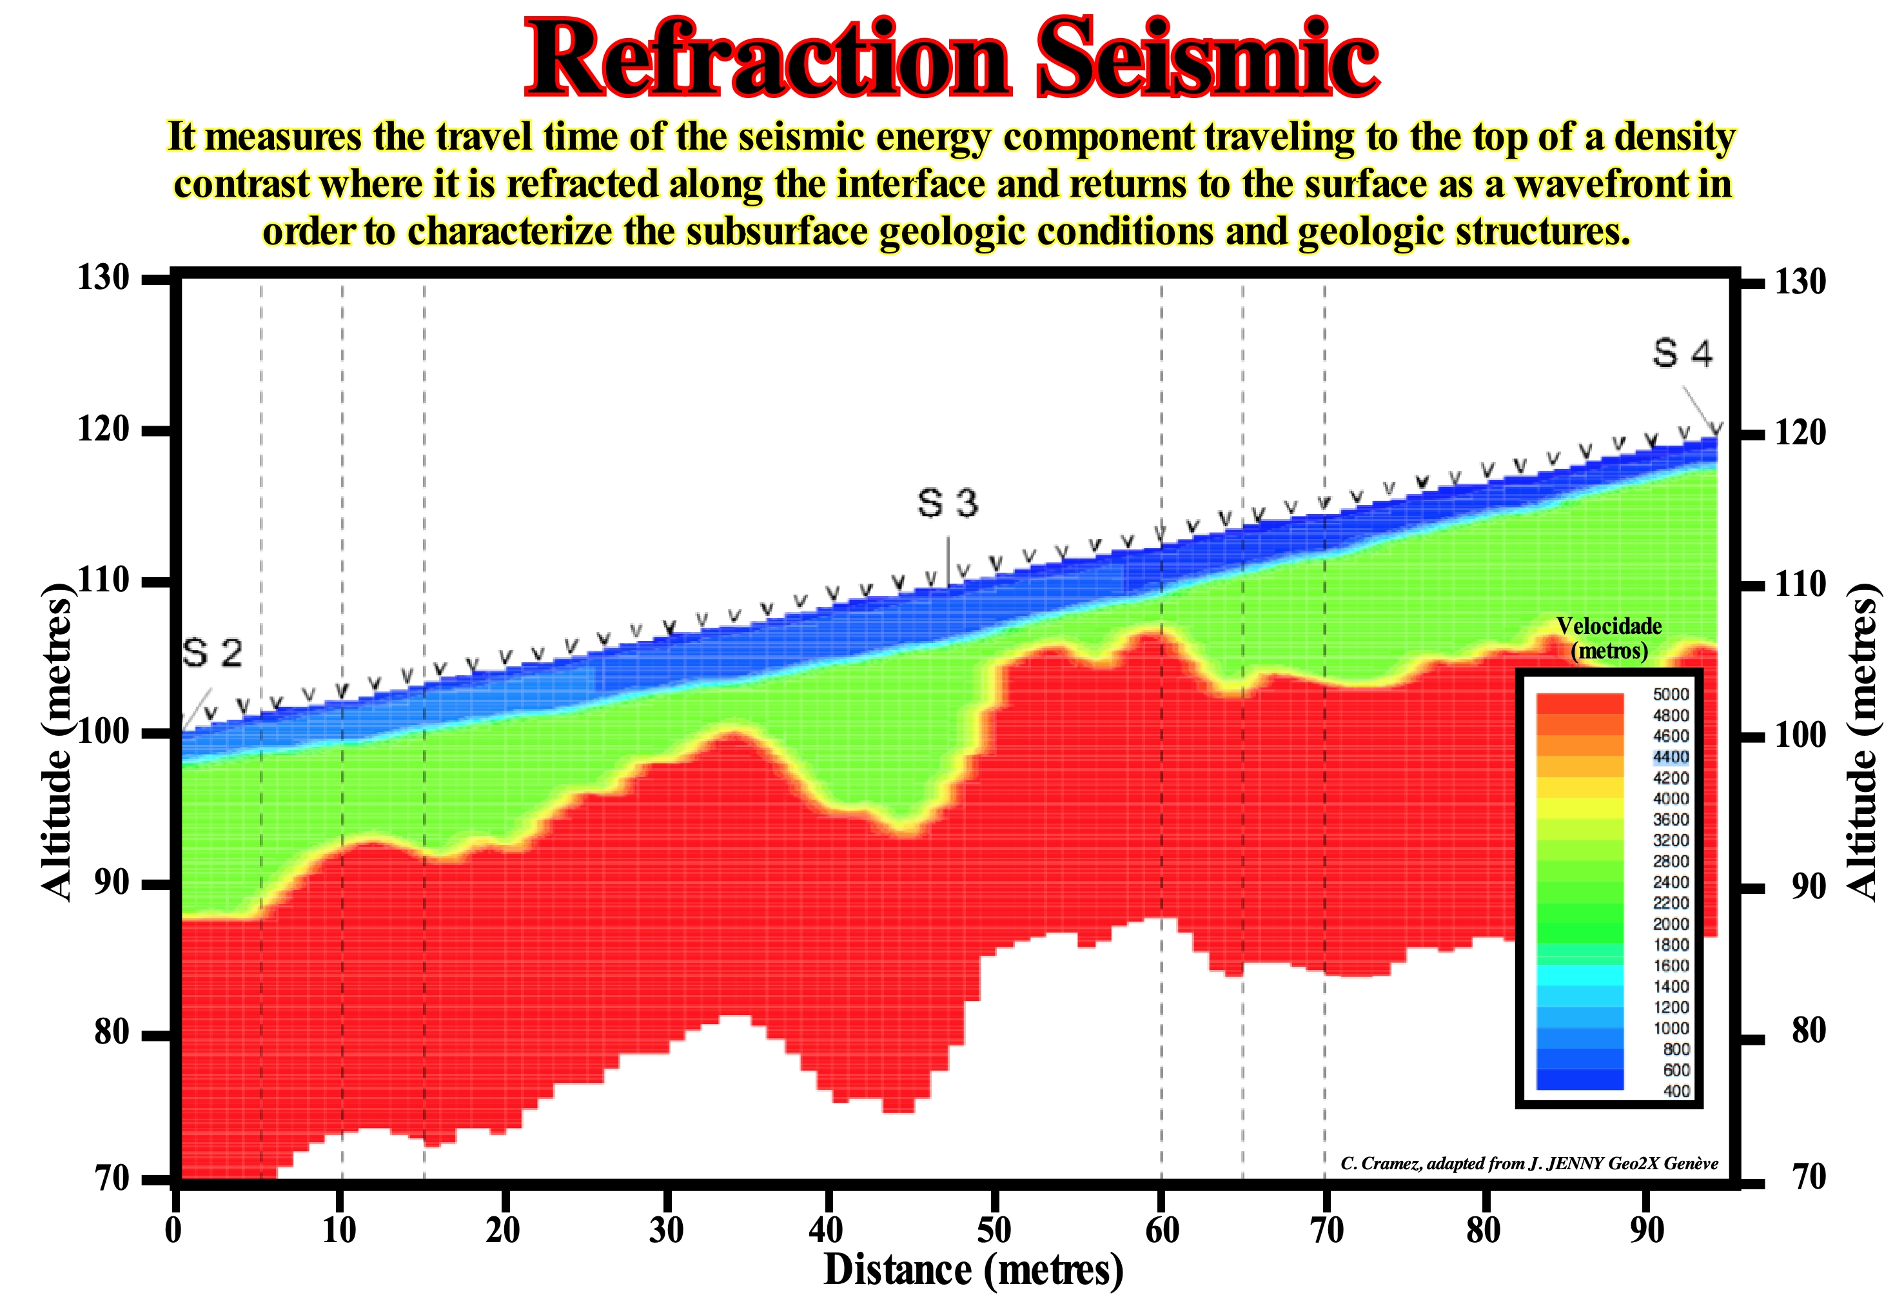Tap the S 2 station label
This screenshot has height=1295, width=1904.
click(x=212, y=653)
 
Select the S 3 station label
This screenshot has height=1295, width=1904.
click(x=947, y=502)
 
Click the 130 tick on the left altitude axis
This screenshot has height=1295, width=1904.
click(x=104, y=279)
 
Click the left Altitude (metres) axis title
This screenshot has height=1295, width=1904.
click(x=57, y=742)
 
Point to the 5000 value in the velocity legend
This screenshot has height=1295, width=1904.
click(x=1671, y=694)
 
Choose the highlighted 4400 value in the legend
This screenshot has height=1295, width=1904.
click(x=1671, y=756)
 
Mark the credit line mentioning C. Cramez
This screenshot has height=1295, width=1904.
click(x=1529, y=1163)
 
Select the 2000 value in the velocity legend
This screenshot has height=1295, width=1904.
click(x=1671, y=924)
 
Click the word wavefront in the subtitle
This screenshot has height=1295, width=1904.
click(x=1601, y=184)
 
